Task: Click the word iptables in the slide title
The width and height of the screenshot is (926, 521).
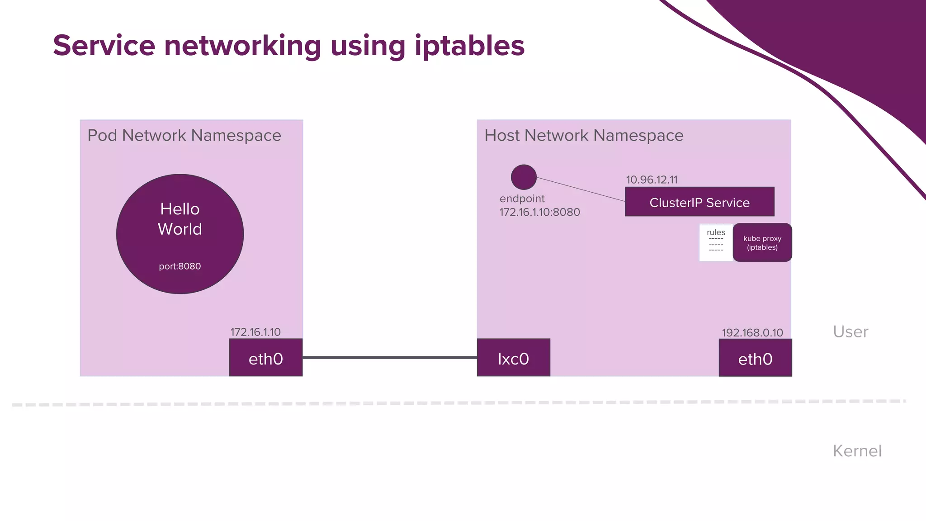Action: (x=469, y=46)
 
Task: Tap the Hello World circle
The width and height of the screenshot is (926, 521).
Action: (x=180, y=234)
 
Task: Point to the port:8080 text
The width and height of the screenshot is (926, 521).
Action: (x=180, y=266)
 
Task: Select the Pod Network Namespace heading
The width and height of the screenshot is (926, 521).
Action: (x=184, y=135)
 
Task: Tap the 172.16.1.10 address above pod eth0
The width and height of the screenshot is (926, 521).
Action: (x=255, y=332)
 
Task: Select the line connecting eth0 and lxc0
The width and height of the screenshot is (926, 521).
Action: (x=390, y=357)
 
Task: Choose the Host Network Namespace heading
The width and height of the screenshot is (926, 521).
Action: (x=584, y=135)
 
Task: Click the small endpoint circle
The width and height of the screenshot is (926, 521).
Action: (x=524, y=177)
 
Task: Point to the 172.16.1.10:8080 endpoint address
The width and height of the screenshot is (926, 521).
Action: (x=539, y=212)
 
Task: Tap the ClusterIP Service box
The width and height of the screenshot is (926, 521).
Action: (x=699, y=202)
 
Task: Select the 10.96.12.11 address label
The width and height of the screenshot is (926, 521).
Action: (x=652, y=180)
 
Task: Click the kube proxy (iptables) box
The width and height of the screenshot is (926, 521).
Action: (x=762, y=242)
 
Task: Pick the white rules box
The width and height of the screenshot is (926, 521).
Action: (x=716, y=242)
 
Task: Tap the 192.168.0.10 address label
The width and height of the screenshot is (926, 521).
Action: (x=752, y=333)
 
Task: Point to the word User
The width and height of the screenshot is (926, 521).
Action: (x=850, y=332)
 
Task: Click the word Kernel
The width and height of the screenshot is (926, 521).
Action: (x=857, y=451)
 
